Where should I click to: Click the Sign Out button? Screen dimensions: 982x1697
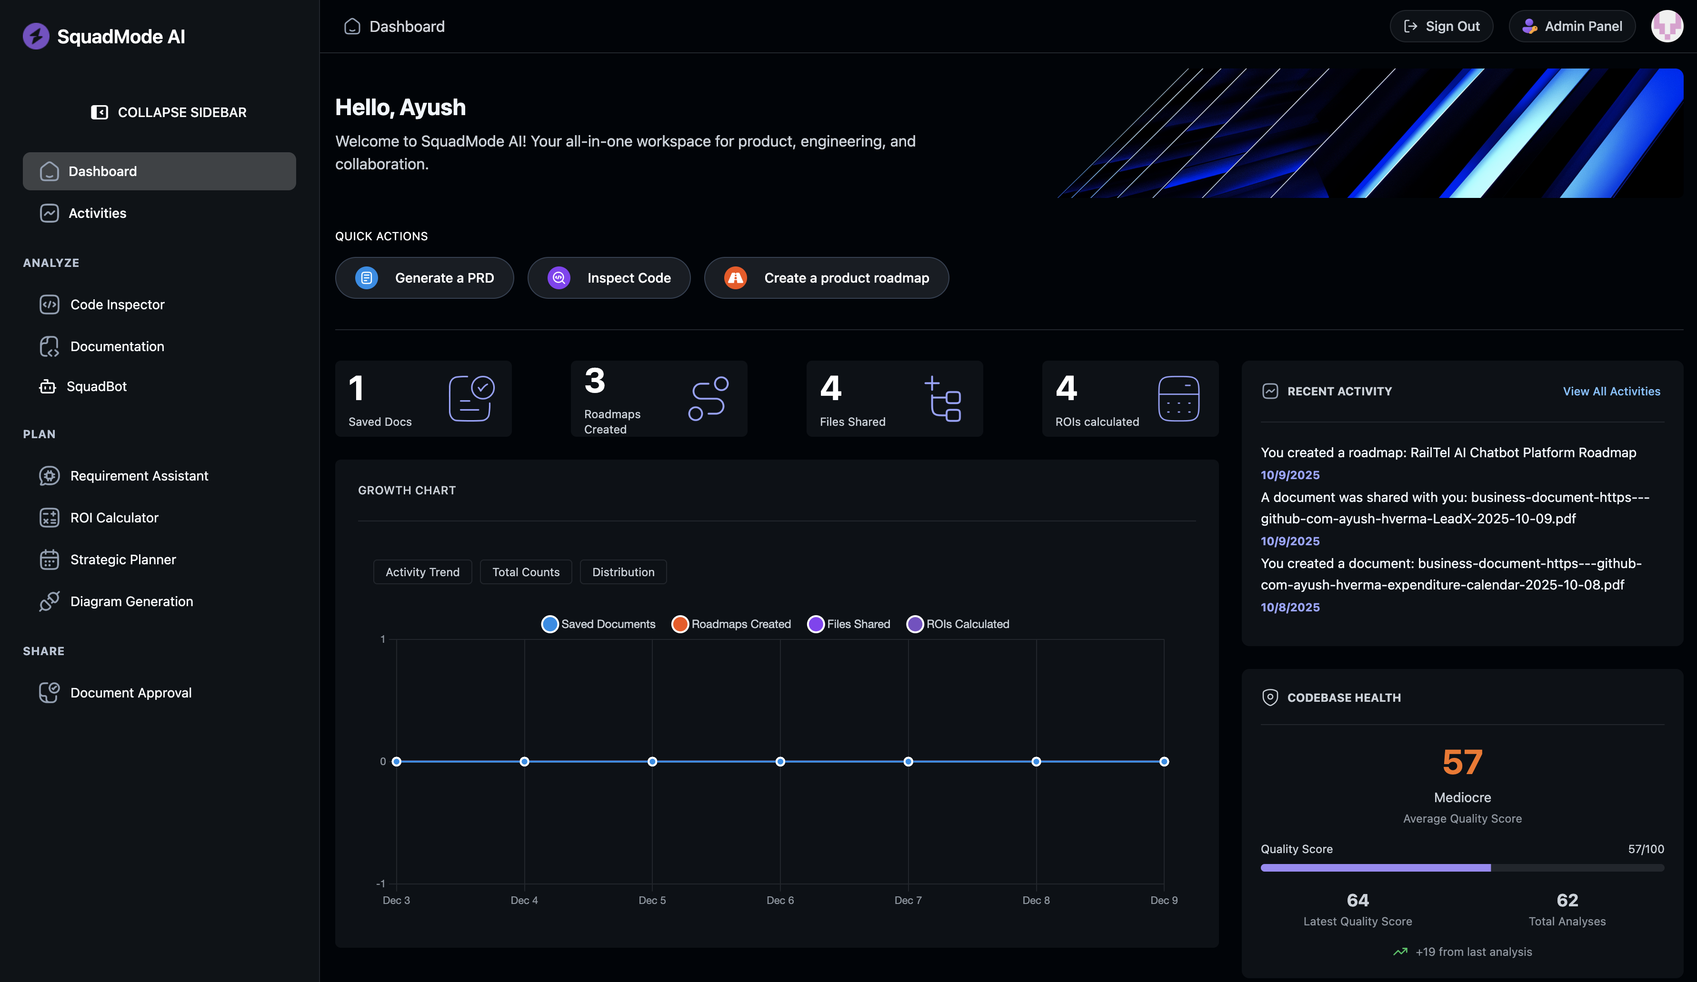(1441, 26)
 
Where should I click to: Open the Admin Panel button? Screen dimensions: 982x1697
(1572, 26)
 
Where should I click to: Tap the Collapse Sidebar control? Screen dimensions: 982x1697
(169, 112)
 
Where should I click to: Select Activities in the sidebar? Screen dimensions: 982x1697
(97, 213)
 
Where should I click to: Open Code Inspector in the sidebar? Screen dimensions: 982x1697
(117, 305)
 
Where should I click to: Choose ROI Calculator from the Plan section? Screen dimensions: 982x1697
(114, 518)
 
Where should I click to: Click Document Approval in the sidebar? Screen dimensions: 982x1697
(130, 693)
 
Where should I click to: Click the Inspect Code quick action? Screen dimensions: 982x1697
(609, 278)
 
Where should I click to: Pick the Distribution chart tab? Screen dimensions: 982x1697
(623, 572)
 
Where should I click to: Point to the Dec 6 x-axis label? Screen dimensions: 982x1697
(780, 901)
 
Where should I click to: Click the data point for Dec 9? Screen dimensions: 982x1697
(1164, 761)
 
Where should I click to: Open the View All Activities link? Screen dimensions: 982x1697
(1611, 391)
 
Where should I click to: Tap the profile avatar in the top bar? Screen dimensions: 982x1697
(1667, 26)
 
